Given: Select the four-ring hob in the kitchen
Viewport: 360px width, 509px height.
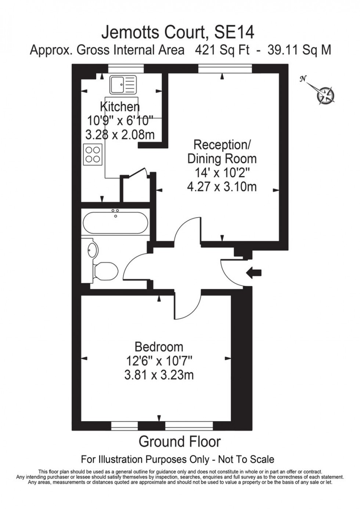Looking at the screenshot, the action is pos(93,154).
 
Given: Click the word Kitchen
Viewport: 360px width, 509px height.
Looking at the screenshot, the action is pos(120,107).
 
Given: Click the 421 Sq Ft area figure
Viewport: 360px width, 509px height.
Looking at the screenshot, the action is pos(222,50).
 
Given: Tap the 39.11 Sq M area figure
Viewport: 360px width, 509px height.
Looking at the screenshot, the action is pos(299,50).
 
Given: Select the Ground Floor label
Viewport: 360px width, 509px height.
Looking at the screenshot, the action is pos(179,442).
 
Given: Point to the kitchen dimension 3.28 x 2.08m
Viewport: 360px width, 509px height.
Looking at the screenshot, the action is pos(120,135).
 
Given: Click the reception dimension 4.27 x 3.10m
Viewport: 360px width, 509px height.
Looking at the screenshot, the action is pos(222,187).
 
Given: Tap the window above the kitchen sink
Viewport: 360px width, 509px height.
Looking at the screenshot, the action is pos(126,69).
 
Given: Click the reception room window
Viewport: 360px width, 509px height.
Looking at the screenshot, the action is pos(225,69).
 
